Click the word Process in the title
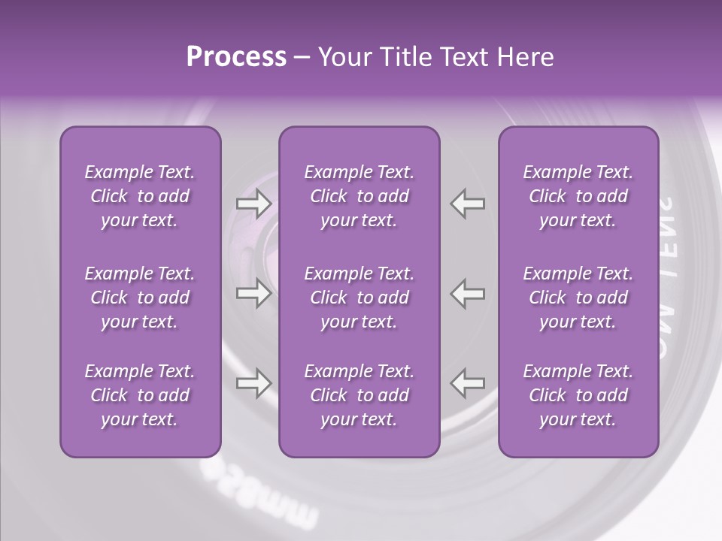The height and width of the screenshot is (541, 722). click(x=236, y=57)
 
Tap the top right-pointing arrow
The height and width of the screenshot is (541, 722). click(x=253, y=204)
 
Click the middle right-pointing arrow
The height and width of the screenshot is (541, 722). click(x=253, y=292)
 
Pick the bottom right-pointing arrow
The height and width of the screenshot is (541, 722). click(x=253, y=384)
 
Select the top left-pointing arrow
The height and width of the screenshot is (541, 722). click(x=468, y=204)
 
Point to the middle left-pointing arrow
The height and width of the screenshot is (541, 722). click(x=468, y=292)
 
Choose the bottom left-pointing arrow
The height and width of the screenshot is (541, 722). click(x=468, y=384)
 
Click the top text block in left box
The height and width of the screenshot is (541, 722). click(x=140, y=196)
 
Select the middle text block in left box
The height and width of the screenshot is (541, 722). click(x=140, y=298)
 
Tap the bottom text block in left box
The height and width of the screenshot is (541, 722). click(x=140, y=395)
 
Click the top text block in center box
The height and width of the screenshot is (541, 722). click(x=359, y=196)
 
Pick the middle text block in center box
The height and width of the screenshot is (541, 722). click(x=359, y=298)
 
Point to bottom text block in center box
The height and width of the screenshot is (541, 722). click(x=359, y=395)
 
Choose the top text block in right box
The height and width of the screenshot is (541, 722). click(x=578, y=196)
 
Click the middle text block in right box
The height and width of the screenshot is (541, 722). click(x=578, y=298)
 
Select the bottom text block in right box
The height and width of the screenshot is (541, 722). click(x=578, y=395)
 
